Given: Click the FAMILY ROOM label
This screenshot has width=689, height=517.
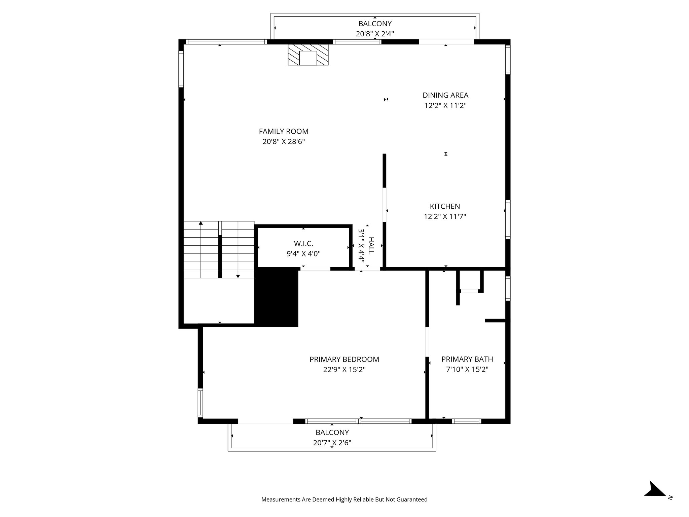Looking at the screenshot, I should [x=283, y=131].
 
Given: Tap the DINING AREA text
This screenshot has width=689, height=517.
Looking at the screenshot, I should [x=445, y=95].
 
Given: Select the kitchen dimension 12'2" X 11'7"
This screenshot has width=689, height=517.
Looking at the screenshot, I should [x=445, y=216].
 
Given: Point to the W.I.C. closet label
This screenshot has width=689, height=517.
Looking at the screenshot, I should [x=303, y=243].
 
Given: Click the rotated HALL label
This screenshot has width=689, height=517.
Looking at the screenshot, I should [x=371, y=245].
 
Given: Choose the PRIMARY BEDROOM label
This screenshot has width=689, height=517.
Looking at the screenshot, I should [x=344, y=359].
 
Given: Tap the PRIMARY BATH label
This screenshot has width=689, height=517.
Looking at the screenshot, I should [x=467, y=359].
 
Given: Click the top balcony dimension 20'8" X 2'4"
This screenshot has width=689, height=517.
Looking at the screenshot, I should [x=375, y=34].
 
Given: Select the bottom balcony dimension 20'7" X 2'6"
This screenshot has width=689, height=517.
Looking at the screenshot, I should [x=332, y=443].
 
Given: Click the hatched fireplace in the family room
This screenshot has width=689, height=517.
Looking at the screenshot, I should [x=308, y=55].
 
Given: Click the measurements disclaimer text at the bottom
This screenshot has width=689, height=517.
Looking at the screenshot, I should [x=344, y=499].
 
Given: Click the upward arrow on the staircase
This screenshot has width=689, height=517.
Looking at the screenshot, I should [x=201, y=223].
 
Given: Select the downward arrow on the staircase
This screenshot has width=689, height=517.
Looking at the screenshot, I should [x=238, y=276].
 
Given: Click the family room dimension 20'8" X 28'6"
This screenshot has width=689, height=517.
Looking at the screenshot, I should [x=283, y=142].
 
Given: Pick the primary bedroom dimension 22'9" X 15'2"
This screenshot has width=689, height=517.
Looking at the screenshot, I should [x=344, y=370].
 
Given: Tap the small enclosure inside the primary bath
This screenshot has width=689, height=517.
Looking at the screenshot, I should [x=469, y=280].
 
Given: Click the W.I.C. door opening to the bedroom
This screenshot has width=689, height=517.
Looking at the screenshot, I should [x=315, y=269].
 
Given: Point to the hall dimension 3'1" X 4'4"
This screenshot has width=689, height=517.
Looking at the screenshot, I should [x=361, y=245].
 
